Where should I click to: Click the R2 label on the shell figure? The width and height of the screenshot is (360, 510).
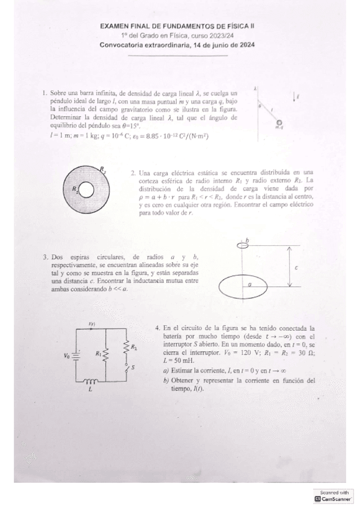103,170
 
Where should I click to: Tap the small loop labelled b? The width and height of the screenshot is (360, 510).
243,245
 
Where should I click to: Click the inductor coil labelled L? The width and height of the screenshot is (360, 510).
91,381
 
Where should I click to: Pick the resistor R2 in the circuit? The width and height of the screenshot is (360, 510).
127,348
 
